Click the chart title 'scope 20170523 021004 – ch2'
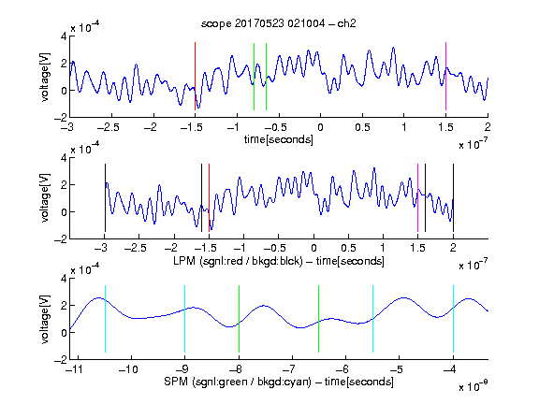[x=279, y=23]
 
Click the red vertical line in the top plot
[x=195, y=77]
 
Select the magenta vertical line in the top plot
[x=445, y=77]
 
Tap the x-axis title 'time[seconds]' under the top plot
[x=279, y=139]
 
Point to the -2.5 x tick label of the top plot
[x=109, y=127]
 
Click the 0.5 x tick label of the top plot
[x=362, y=127]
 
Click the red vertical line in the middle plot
[x=209, y=198]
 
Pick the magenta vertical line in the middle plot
[x=417, y=198]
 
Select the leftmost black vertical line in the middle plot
[x=105, y=198]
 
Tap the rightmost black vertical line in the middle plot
[x=453, y=198]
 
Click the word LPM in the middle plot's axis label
[x=184, y=261]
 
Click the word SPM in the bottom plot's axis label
[x=176, y=382]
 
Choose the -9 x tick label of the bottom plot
[x=182, y=369]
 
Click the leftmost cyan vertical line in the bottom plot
[x=105, y=319]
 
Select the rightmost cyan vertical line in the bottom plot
[x=453, y=319]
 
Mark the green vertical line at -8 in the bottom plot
[x=239, y=319]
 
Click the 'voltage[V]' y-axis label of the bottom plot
[x=45, y=319]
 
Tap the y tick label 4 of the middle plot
[x=64, y=158]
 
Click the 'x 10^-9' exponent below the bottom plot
[x=473, y=385]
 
